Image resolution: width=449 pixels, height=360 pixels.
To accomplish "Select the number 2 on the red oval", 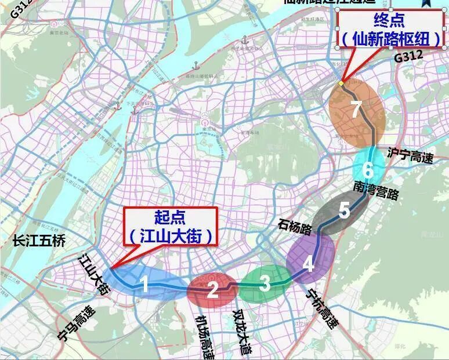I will (212, 289).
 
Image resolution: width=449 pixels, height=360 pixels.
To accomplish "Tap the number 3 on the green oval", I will (265, 284).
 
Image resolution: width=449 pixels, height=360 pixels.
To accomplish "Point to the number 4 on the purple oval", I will (309, 264).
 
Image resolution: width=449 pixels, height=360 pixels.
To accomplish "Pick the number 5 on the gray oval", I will (344, 210).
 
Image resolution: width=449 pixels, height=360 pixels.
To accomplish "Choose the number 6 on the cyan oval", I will (367, 170).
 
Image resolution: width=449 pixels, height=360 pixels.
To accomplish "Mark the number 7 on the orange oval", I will (356, 110).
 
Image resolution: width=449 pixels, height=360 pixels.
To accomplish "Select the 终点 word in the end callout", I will (390, 22).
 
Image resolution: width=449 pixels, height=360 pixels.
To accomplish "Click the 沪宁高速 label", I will (410, 155).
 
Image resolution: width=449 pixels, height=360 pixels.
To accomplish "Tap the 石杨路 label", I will (296, 226).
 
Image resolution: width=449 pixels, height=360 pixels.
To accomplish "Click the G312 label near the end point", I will (409, 57).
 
